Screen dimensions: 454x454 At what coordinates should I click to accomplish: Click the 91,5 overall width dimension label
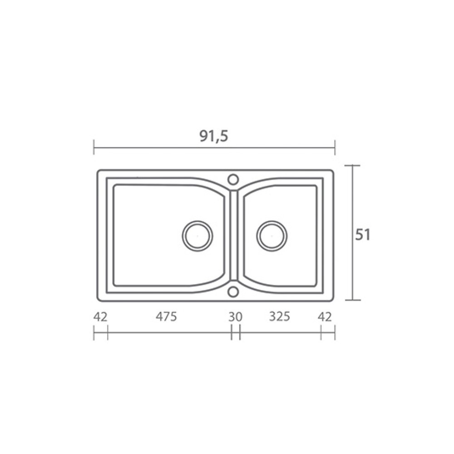tap(214, 136)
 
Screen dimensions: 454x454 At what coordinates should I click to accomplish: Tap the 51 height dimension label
tap(363, 235)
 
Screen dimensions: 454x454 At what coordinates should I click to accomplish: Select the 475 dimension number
tap(166, 316)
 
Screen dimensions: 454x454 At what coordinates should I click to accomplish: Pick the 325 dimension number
tap(279, 316)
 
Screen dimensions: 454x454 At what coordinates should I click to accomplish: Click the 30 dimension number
tap(235, 317)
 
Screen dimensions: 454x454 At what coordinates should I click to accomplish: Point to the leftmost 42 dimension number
tap(100, 317)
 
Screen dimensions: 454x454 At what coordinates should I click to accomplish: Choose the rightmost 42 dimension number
tap(325, 317)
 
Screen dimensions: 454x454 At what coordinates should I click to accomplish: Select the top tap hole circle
tap(233, 175)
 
